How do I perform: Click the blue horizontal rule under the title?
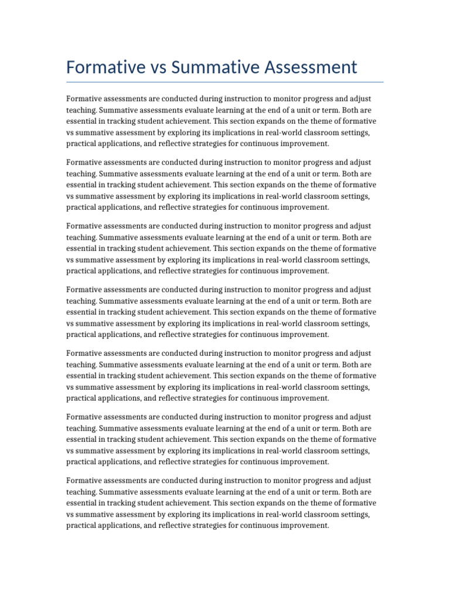[x=225, y=82]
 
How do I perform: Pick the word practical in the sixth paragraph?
[x=81, y=462]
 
